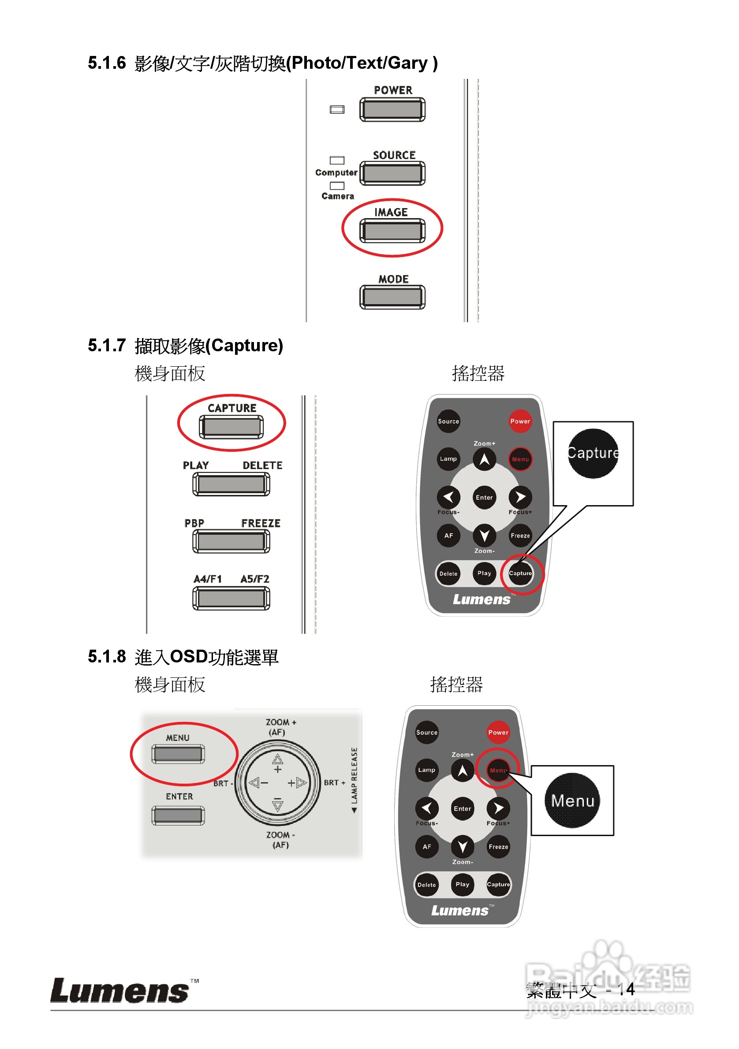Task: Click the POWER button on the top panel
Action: coord(392,110)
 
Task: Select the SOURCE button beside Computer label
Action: coord(392,173)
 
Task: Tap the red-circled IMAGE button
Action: coord(392,231)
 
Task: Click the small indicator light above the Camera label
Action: coord(337,186)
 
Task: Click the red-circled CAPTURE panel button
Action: coord(231,427)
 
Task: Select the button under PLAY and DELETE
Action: coord(231,484)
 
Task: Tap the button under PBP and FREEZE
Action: coord(231,541)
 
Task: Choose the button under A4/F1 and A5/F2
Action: coord(231,598)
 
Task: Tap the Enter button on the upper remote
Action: coord(484,497)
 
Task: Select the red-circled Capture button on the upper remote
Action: coord(520,573)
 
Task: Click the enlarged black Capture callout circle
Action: coord(593,453)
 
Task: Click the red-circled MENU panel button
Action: coord(178,754)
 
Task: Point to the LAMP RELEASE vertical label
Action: coord(354,779)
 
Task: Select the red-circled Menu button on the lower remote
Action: coord(498,770)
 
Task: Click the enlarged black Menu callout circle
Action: coord(572,800)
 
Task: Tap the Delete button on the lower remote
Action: coord(426,885)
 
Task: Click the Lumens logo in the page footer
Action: coord(120,991)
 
